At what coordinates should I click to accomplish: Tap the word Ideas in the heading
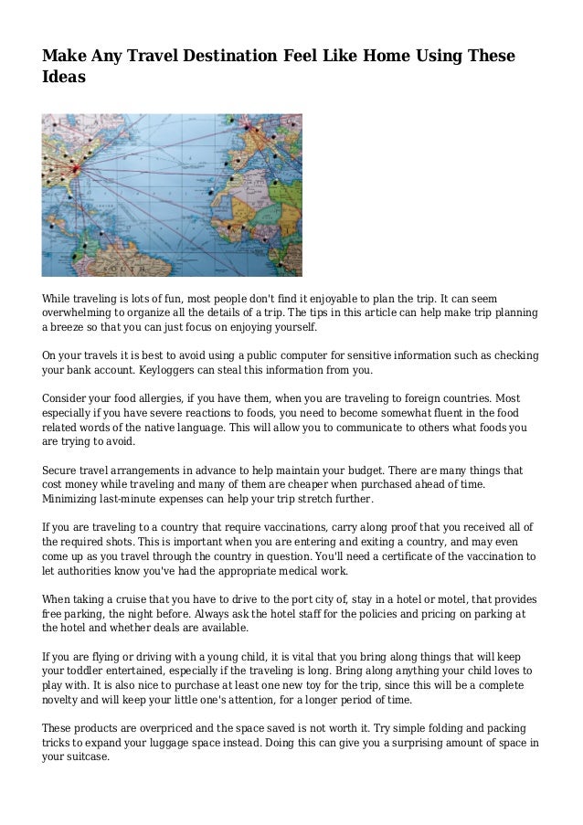point(64,79)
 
